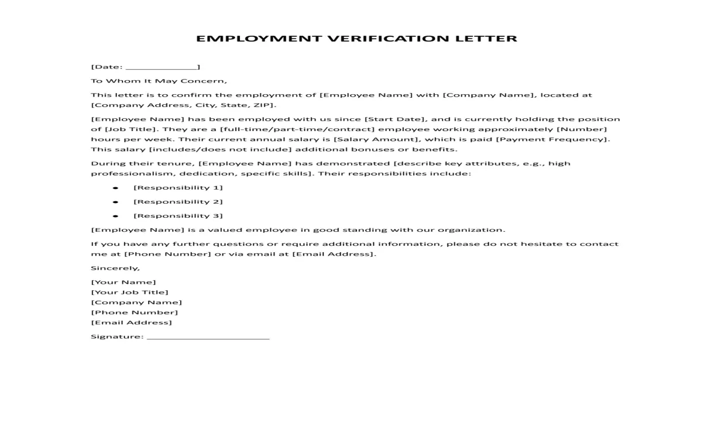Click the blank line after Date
point(161,67)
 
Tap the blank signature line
point(208,337)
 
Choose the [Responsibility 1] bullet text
point(178,188)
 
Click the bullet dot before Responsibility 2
point(115,202)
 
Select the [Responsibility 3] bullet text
point(178,216)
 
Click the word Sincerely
point(115,268)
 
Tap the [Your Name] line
point(123,282)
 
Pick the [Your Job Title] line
point(129,292)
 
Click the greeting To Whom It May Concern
point(159,81)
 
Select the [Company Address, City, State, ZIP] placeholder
point(183,105)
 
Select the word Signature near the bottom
point(116,336)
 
